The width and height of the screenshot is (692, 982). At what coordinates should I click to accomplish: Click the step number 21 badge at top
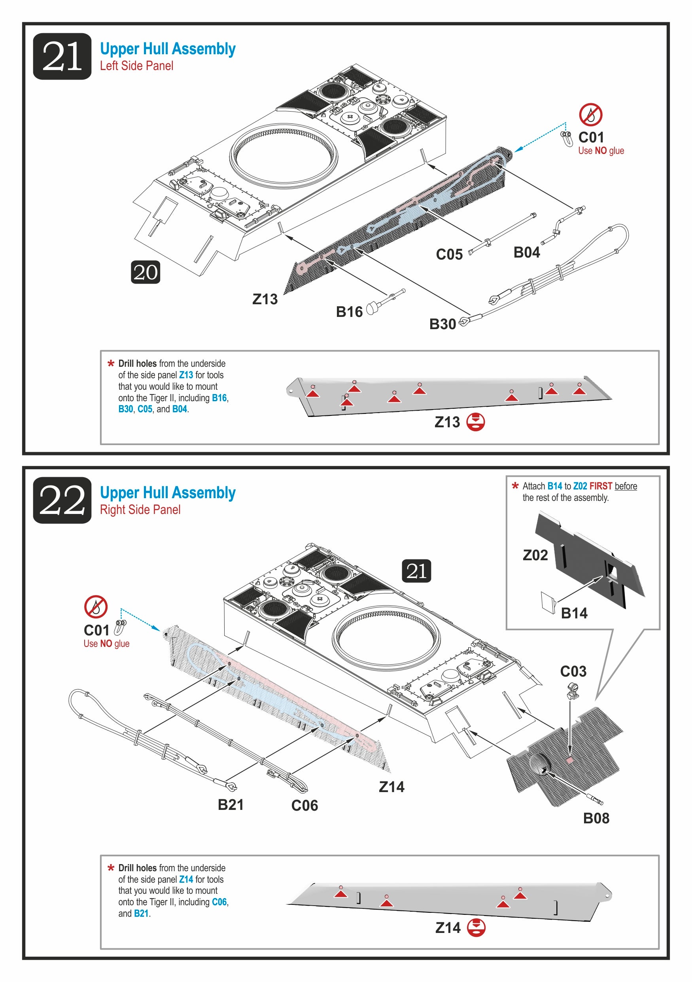pyautogui.click(x=62, y=56)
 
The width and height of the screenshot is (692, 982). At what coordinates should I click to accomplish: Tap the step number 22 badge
pyautogui.click(x=62, y=500)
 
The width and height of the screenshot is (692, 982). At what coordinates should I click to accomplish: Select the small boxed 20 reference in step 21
pyautogui.click(x=146, y=272)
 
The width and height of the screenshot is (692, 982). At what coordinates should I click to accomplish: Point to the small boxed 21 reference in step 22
pyautogui.click(x=416, y=571)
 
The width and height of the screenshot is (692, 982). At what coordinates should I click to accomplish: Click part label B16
pyautogui.click(x=349, y=312)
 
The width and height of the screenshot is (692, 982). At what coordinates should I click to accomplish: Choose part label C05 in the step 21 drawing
pyautogui.click(x=449, y=254)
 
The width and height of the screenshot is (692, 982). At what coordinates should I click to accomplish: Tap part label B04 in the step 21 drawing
pyautogui.click(x=527, y=252)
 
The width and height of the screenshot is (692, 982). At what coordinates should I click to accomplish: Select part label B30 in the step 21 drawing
pyautogui.click(x=442, y=324)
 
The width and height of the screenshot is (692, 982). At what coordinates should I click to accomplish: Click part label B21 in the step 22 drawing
pyautogui.click(x=231, y=804)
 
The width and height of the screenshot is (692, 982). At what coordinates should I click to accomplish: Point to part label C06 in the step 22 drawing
pyautogui.click(x=305, y=806)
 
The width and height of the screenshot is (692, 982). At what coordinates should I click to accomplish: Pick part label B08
pyautogui.click(x=596, y=818)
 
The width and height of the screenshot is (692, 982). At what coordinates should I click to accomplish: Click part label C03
pyautogui.click(x=573, y=671)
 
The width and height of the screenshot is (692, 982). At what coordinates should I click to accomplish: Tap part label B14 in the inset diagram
pyautogui.click(x=574, y=613)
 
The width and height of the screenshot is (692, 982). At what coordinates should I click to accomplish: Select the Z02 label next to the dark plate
pyautogui.click(x=535, y=555)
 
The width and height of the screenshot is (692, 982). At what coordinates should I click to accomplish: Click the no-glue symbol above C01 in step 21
pyautogui.click(x=591, y=115)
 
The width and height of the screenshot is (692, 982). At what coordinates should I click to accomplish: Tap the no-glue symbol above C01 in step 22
pyautogui.click(x=96, y=607)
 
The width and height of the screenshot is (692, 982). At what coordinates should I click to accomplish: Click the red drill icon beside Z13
pyautogui.click(x=475, y=422)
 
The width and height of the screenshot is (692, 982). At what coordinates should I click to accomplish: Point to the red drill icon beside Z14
pyautogui.click(x=476, y=927)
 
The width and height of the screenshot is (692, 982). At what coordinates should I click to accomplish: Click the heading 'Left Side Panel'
pyautogui.click(x=137, y=66)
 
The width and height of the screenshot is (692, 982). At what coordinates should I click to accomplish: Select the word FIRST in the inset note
pyautogui.click(x=601, y=486)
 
